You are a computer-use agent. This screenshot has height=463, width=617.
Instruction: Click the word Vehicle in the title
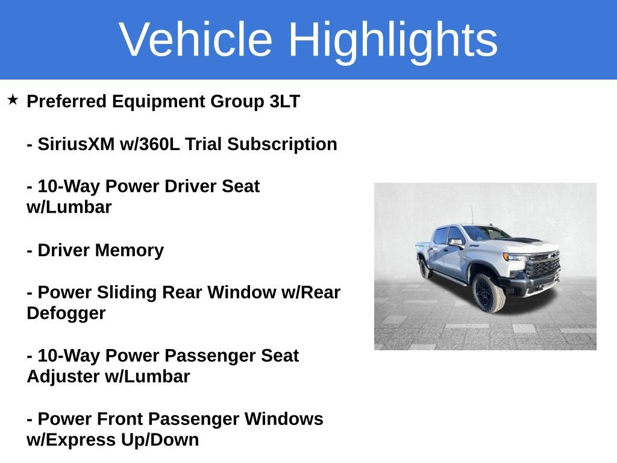tap(196, 39)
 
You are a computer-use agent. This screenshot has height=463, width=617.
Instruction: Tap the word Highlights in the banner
tap(393, 39)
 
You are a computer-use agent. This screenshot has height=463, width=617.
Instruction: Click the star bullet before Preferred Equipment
tap(13, 99)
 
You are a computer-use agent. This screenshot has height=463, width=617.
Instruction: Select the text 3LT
tap(284, 101)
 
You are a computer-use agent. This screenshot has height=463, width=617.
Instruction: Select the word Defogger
tap(66, 313)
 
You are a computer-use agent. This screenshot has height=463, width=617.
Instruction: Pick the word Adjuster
tap(63, 377)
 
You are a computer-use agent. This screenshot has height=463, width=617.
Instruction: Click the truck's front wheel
tap(488, 293)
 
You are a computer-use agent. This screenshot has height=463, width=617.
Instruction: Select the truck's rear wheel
tap(425, 268)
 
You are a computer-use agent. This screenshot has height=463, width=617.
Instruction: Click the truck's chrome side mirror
tap(456, 242)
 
